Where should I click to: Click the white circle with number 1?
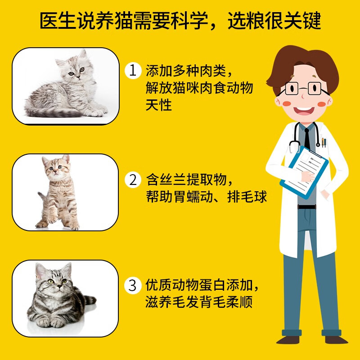coord(133,71)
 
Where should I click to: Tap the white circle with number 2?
coord(133,180)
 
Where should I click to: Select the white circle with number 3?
coord(133,285)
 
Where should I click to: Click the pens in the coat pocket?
coord(324,143)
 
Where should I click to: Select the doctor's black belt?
coord(307,207)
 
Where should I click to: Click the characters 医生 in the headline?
coord(58,21)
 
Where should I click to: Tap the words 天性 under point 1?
coord(159,105)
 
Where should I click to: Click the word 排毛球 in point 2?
coord(247,197)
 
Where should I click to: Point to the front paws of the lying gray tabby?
coord(50,322)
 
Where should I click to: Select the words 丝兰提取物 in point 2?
coord(193,180)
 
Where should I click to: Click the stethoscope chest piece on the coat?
coord(318,144)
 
